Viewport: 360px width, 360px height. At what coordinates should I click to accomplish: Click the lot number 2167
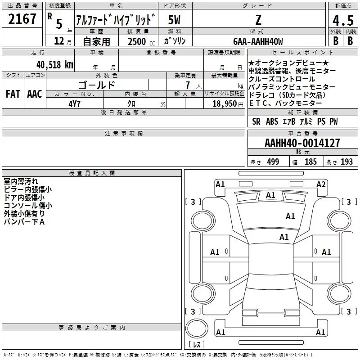point(22,19)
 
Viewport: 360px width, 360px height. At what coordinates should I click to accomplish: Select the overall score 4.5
point(343,20)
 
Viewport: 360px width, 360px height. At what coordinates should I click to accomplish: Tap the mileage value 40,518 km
point(55,65)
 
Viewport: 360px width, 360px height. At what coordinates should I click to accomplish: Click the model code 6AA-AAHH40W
point(258,41)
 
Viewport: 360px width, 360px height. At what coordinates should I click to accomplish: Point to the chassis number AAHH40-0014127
point(302,143)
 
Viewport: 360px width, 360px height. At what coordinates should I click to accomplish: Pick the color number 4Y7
point(74,104)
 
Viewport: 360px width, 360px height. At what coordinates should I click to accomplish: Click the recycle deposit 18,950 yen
point(228,104)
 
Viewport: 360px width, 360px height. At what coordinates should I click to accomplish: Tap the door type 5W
point(174,20)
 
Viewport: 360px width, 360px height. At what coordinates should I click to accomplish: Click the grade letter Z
point(258,20)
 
